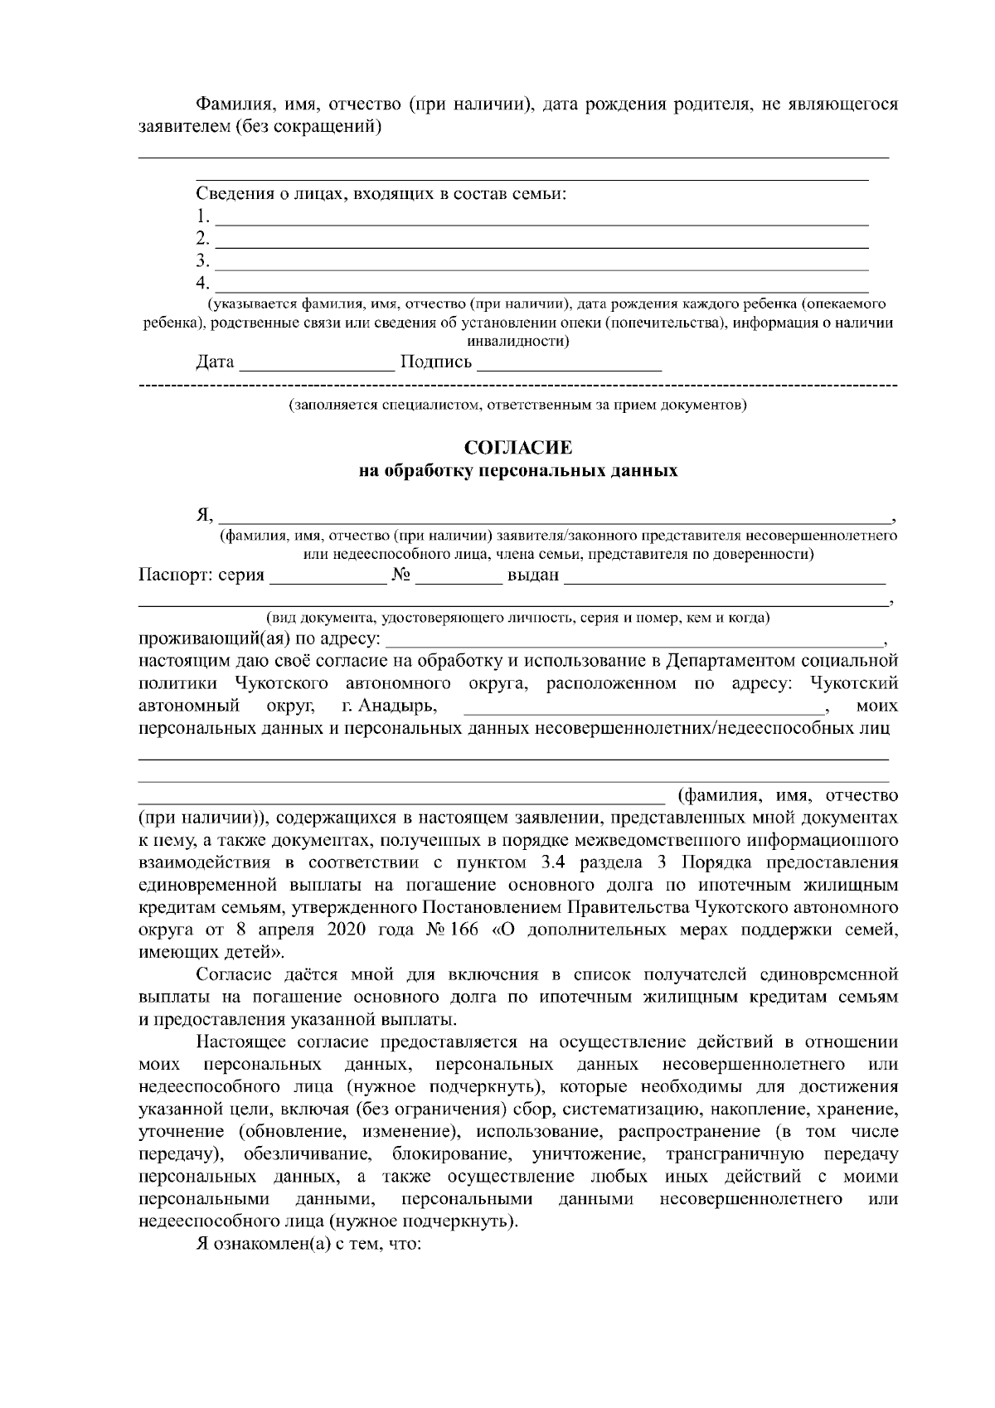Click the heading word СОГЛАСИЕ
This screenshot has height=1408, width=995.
[518, 448]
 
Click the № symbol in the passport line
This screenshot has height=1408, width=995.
[400, 575]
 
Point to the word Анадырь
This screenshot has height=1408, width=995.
[400, 706]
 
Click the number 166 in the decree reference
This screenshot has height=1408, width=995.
[464, 930]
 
